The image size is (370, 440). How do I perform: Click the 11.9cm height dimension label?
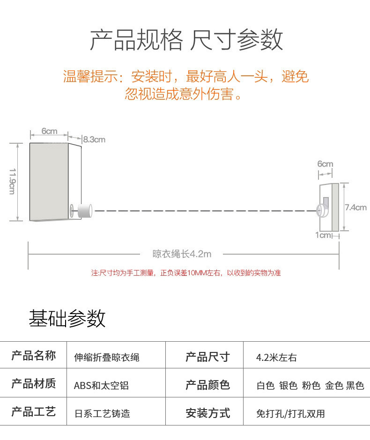[x=13, y=181]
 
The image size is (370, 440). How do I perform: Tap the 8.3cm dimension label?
[x=94, y=139]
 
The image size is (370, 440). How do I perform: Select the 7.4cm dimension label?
[x=355, y=207]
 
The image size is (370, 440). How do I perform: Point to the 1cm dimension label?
[x=323, y=235]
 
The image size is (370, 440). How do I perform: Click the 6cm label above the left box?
[x=49, y=131]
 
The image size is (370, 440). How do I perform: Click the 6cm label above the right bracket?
[x=325, y=164]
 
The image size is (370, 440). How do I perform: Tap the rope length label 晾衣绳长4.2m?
[x=182, y=254]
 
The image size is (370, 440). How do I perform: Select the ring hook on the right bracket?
[x=323, y=211]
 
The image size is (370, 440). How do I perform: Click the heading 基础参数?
[x=67, y=318]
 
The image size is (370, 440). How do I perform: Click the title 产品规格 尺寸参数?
[x=186, y=40]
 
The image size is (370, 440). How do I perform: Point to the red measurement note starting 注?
[x=185, y=273]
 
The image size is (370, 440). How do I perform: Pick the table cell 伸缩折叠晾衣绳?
[x=107, y=358]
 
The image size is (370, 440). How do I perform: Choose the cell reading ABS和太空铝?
[x=101, y=386]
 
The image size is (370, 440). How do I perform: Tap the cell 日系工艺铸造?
[x=102, y=414]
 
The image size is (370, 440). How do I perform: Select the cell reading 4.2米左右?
[x=276, y=358]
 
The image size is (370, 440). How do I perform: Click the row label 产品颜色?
[x=207, y=385]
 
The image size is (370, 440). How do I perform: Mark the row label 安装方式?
[x=207, y=413]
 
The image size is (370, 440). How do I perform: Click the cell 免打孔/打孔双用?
[x=290, y=414]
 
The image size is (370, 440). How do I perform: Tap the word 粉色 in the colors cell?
[x=311, y=386]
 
